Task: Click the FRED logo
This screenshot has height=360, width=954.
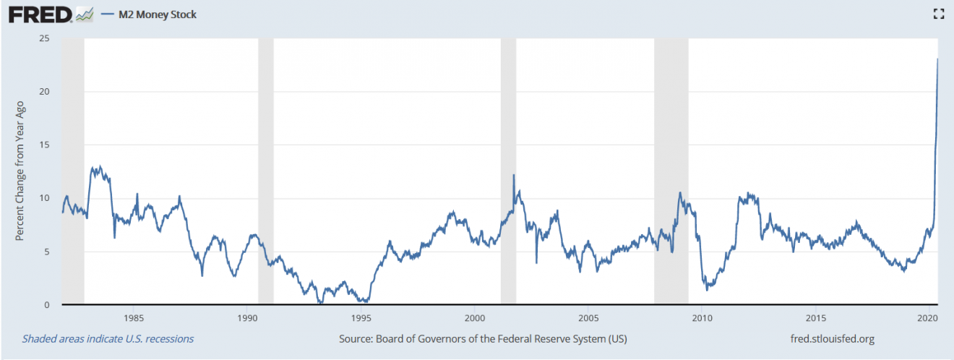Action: [x=40, y=14]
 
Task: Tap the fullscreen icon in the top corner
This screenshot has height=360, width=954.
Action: [x=938, y=14]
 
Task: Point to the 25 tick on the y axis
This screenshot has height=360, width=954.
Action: [x=44, y=38]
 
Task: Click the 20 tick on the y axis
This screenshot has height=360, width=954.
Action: [x=44, y=92]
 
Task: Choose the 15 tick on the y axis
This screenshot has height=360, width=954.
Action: [x=44, y=145]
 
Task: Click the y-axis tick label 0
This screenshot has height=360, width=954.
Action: [x=46, y=305]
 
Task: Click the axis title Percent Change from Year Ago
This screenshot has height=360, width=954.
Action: [x=21, y=171]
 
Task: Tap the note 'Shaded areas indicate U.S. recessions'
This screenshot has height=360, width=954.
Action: [x=108, y=338]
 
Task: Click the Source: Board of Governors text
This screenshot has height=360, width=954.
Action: [x=482, y=338]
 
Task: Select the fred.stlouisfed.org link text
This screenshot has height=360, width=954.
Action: [x=834, y=338]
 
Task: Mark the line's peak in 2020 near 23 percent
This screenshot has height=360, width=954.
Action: [x=937, y=59]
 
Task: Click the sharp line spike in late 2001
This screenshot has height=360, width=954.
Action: [x=514, y=175]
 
